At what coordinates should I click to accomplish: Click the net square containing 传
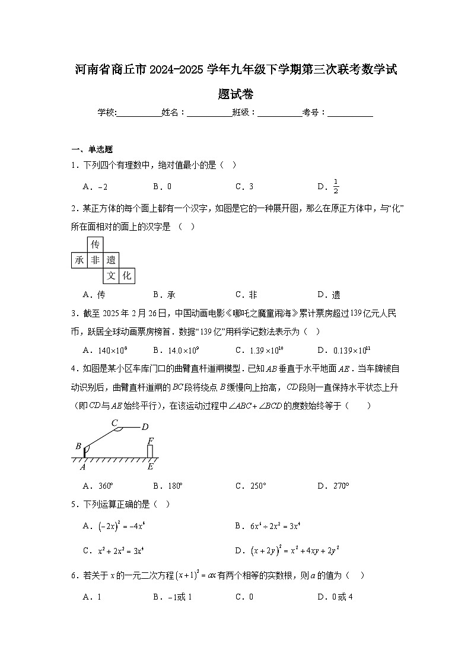click(95, 244)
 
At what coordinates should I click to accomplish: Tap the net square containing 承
click(79, 260)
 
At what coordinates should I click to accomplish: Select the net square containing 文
click(111, 275)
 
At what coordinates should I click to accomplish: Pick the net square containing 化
click(126, 275)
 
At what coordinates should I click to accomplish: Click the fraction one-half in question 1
click(335, 186)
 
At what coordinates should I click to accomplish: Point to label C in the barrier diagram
click(114, 422)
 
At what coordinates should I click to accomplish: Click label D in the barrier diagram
click(145, 426)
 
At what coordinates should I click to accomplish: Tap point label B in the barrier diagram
click(78, 446)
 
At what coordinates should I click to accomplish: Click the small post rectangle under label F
click(151, 451)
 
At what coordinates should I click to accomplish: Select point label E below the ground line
click(151, 467)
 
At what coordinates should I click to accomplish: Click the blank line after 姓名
click(209, 112)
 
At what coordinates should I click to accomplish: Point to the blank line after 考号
click(350, 112)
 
